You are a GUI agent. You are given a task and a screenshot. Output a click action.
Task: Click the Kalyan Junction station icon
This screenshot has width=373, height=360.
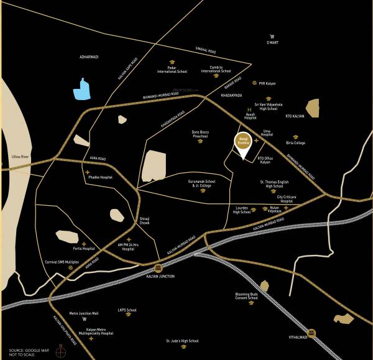(159, 267)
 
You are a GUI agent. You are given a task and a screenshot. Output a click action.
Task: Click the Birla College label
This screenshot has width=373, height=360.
(295, 143)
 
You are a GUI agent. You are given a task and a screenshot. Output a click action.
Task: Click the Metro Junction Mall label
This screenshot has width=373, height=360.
(84, 313)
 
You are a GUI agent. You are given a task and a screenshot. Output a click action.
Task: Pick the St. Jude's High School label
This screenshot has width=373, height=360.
(182, 341)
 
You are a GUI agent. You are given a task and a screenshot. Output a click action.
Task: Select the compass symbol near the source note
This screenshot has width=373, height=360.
(60, 352)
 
